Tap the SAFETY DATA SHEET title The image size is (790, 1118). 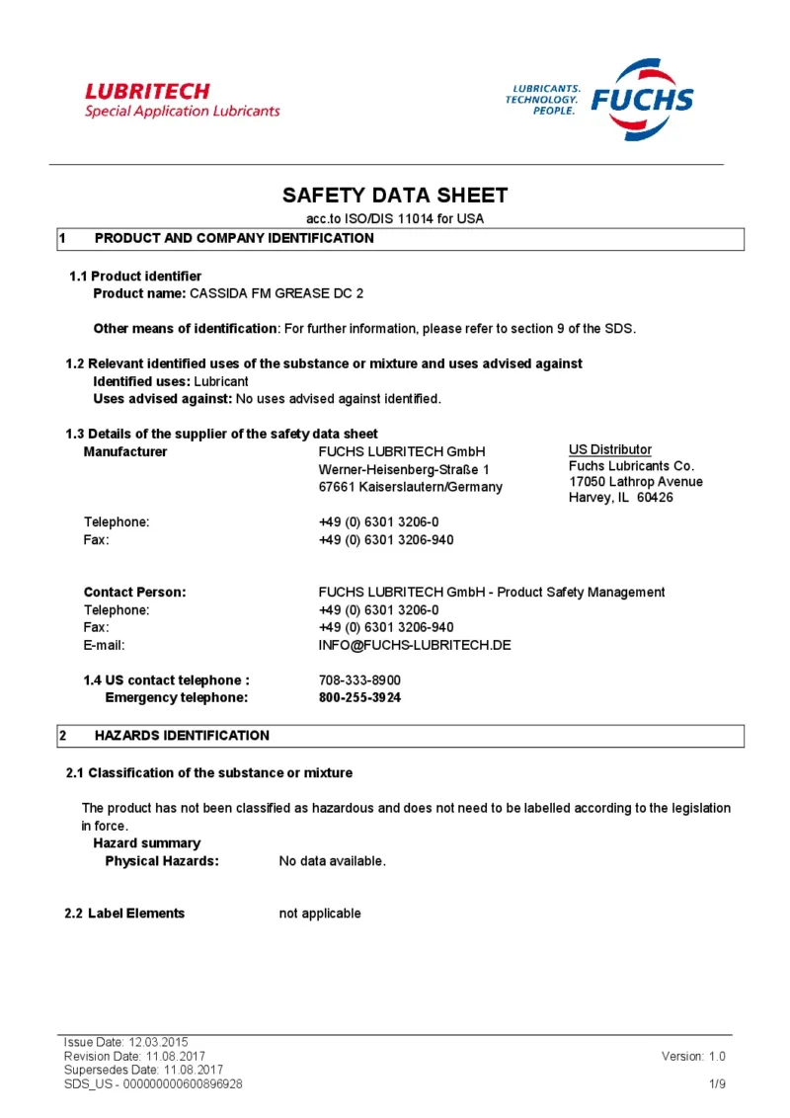[x=395, y=195]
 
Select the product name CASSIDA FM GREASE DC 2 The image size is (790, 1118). [x=276, y=293]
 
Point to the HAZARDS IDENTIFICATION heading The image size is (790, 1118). [x=182, y=736]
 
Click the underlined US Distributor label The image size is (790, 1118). [x=610, y=449]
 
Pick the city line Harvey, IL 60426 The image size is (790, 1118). [x=620, y=498]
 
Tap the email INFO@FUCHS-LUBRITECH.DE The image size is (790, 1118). [x=415, y=645]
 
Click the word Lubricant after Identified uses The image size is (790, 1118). [x=221, y=381]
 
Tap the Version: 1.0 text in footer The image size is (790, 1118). [x=693, y=1056]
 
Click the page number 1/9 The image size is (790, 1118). [x=718, y=1083]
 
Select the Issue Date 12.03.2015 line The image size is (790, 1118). [x=125, y=1042]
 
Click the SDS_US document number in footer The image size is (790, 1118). [x=153, y=1083]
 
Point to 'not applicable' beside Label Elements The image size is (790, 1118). [x=320, y=914]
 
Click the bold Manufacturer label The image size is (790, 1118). [x=125, y=452]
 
